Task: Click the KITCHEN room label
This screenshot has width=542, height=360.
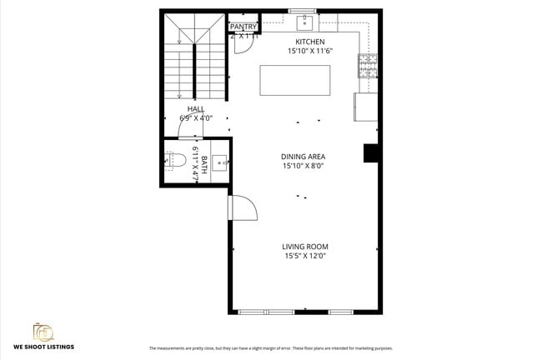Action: (310, 42)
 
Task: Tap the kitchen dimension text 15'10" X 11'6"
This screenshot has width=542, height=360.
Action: (310, 52)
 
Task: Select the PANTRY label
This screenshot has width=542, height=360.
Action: (243, 27)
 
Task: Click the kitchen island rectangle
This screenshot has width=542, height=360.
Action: (294, 80)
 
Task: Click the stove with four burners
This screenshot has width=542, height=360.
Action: (367, 64)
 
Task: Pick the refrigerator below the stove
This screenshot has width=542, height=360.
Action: (365, 106)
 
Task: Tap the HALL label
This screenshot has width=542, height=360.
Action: (196, 109)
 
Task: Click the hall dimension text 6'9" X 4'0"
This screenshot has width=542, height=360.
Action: (196, 118)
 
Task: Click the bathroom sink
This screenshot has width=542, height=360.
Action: (220, 162)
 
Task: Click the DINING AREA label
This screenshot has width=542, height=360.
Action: (303, 157)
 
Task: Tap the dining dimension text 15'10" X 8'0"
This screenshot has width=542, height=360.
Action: (303, 166)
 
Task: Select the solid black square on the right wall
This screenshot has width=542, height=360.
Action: (371, 153)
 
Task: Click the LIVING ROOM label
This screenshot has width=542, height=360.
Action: (304, 247)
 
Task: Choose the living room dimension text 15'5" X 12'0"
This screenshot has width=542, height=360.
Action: (304, 256)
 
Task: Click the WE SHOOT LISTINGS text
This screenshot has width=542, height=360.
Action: (43, 346)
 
